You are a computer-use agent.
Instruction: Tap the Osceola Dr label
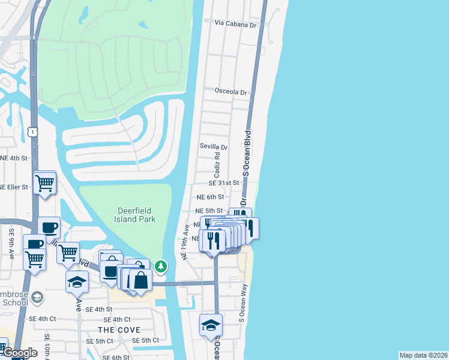click(x=231, y=92)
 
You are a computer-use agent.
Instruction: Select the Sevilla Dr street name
click(x=214, y=147)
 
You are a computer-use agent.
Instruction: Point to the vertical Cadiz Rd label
click(x=217, y=164)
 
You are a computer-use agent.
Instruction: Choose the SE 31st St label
click(x=224, y=183)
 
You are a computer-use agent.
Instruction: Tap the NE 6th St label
click(x=210, y=197)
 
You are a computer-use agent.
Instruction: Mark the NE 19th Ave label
click(x=185, y=242)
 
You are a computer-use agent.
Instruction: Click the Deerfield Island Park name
click(x=135, y=214)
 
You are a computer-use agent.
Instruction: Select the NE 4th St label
click(x=14, y=158)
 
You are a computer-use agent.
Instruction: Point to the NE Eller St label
click(x=14, y=187)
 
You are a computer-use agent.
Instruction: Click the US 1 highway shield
click(x=32, y=130)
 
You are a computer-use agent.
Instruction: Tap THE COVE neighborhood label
click(x=119, y=330)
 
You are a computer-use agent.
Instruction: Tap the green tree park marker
click(x=160, y=265)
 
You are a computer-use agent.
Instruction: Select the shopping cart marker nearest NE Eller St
click(x=45, y=183)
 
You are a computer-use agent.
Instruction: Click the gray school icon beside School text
click(x=37, y=298)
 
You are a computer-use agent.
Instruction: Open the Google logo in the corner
click(x=19, y=353)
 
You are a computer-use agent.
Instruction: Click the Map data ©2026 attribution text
click(x=423, y=355)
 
